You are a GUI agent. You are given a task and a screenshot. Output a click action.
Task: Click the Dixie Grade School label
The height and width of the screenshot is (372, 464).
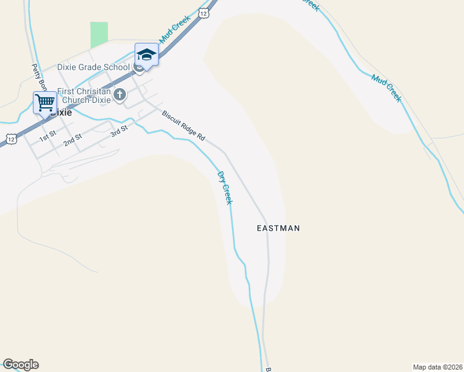coord(93,68)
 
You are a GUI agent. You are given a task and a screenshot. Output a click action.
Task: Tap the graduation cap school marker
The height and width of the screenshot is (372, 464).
coord(146,55)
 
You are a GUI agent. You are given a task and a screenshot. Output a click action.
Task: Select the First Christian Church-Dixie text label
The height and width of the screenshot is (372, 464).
coord(84,95)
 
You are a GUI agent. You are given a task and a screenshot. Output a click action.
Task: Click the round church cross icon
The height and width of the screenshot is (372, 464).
coord(120,95)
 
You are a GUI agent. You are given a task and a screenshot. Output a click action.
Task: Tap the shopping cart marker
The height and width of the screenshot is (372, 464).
coord(45,103)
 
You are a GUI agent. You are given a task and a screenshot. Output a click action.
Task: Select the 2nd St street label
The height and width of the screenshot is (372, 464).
coord(73,140)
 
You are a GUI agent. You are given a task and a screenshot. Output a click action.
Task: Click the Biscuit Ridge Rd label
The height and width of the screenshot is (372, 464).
coord(183,125)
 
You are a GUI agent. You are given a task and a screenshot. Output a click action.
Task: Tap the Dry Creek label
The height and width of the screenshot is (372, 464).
coord(225,188)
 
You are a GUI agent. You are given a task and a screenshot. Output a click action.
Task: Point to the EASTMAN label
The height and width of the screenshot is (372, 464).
coord(279,228)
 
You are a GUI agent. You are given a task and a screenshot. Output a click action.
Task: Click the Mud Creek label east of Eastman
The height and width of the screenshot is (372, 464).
coord(386,88)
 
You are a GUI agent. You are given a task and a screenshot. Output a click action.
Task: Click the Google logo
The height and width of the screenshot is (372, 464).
coord(20,365)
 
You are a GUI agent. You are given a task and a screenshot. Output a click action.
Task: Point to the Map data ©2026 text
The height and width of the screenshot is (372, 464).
coord(437,366)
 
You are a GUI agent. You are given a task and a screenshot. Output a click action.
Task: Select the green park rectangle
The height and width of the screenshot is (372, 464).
coord(99,35)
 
